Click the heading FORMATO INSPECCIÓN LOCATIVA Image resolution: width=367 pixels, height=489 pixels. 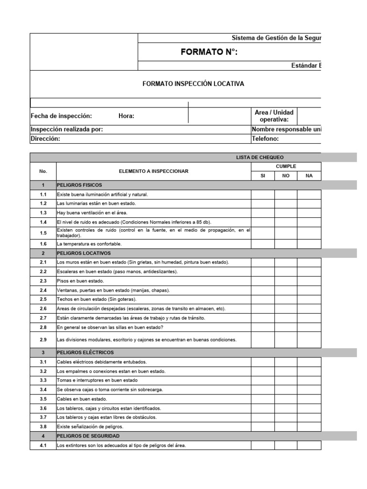pyautogui.click(x=193, y=84)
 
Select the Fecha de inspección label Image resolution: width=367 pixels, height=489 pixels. pyautogui.click(x=61, y=116)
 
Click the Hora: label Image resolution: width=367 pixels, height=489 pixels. pyautogui.click(x=126, y=116)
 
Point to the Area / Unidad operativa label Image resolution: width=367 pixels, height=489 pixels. pyautogui.click(x=274, y=116)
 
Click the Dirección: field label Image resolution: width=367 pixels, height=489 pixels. pyautogui.click(x=45, y=138)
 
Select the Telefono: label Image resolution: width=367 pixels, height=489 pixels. pyautogui.click(x=265, y=138)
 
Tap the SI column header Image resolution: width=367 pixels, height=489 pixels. pyautogui.click(x=263, y=176)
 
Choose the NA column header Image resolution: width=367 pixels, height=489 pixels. pyautogui.click(x=309, y=176)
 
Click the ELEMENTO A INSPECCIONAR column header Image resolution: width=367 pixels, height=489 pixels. pyautogui.click(x=153, y=171)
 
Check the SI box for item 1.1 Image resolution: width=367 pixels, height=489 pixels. pyautogui.click(x=263, y=194)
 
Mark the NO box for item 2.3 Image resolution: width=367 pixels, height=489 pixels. pyautogui.click(x=286, y=281)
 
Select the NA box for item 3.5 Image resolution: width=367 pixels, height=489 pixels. pyautogui.click(x=309, y=399)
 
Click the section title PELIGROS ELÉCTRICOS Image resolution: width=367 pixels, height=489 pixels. pyautogui.click(x=85, y=352)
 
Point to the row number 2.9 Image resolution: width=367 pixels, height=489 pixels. pyautogui.click(x=43, y=340)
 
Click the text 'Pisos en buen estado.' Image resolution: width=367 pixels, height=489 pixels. pyautogui.click(x=80, y=281)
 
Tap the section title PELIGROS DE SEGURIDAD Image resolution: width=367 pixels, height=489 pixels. pyautogui.click(x=88, y=436)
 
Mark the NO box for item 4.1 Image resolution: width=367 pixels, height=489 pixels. pyautogui.click(x=286, y=446)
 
